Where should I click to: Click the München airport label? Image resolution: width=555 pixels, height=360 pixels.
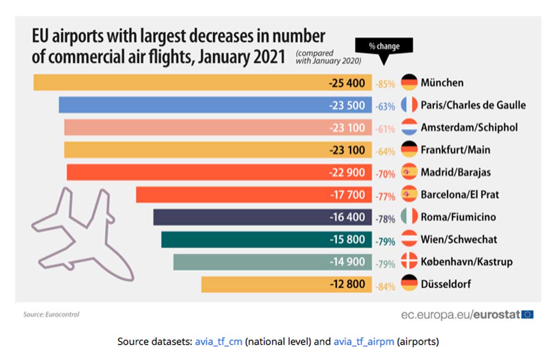point(442,83)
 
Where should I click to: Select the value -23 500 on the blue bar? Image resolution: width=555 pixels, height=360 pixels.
point(347,105)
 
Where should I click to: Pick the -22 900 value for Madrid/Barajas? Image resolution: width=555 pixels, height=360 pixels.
point(347,172)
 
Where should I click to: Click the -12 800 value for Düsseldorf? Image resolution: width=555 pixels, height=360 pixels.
point(347,284)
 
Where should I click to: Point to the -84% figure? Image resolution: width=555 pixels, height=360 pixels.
point(385,287)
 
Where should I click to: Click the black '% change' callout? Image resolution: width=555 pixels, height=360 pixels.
point(384,47)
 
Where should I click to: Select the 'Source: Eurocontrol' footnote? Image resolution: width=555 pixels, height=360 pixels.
point(51,315)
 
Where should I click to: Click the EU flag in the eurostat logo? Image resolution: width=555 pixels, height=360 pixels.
point(527,315)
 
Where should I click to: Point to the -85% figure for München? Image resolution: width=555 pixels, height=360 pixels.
point(385,84)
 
